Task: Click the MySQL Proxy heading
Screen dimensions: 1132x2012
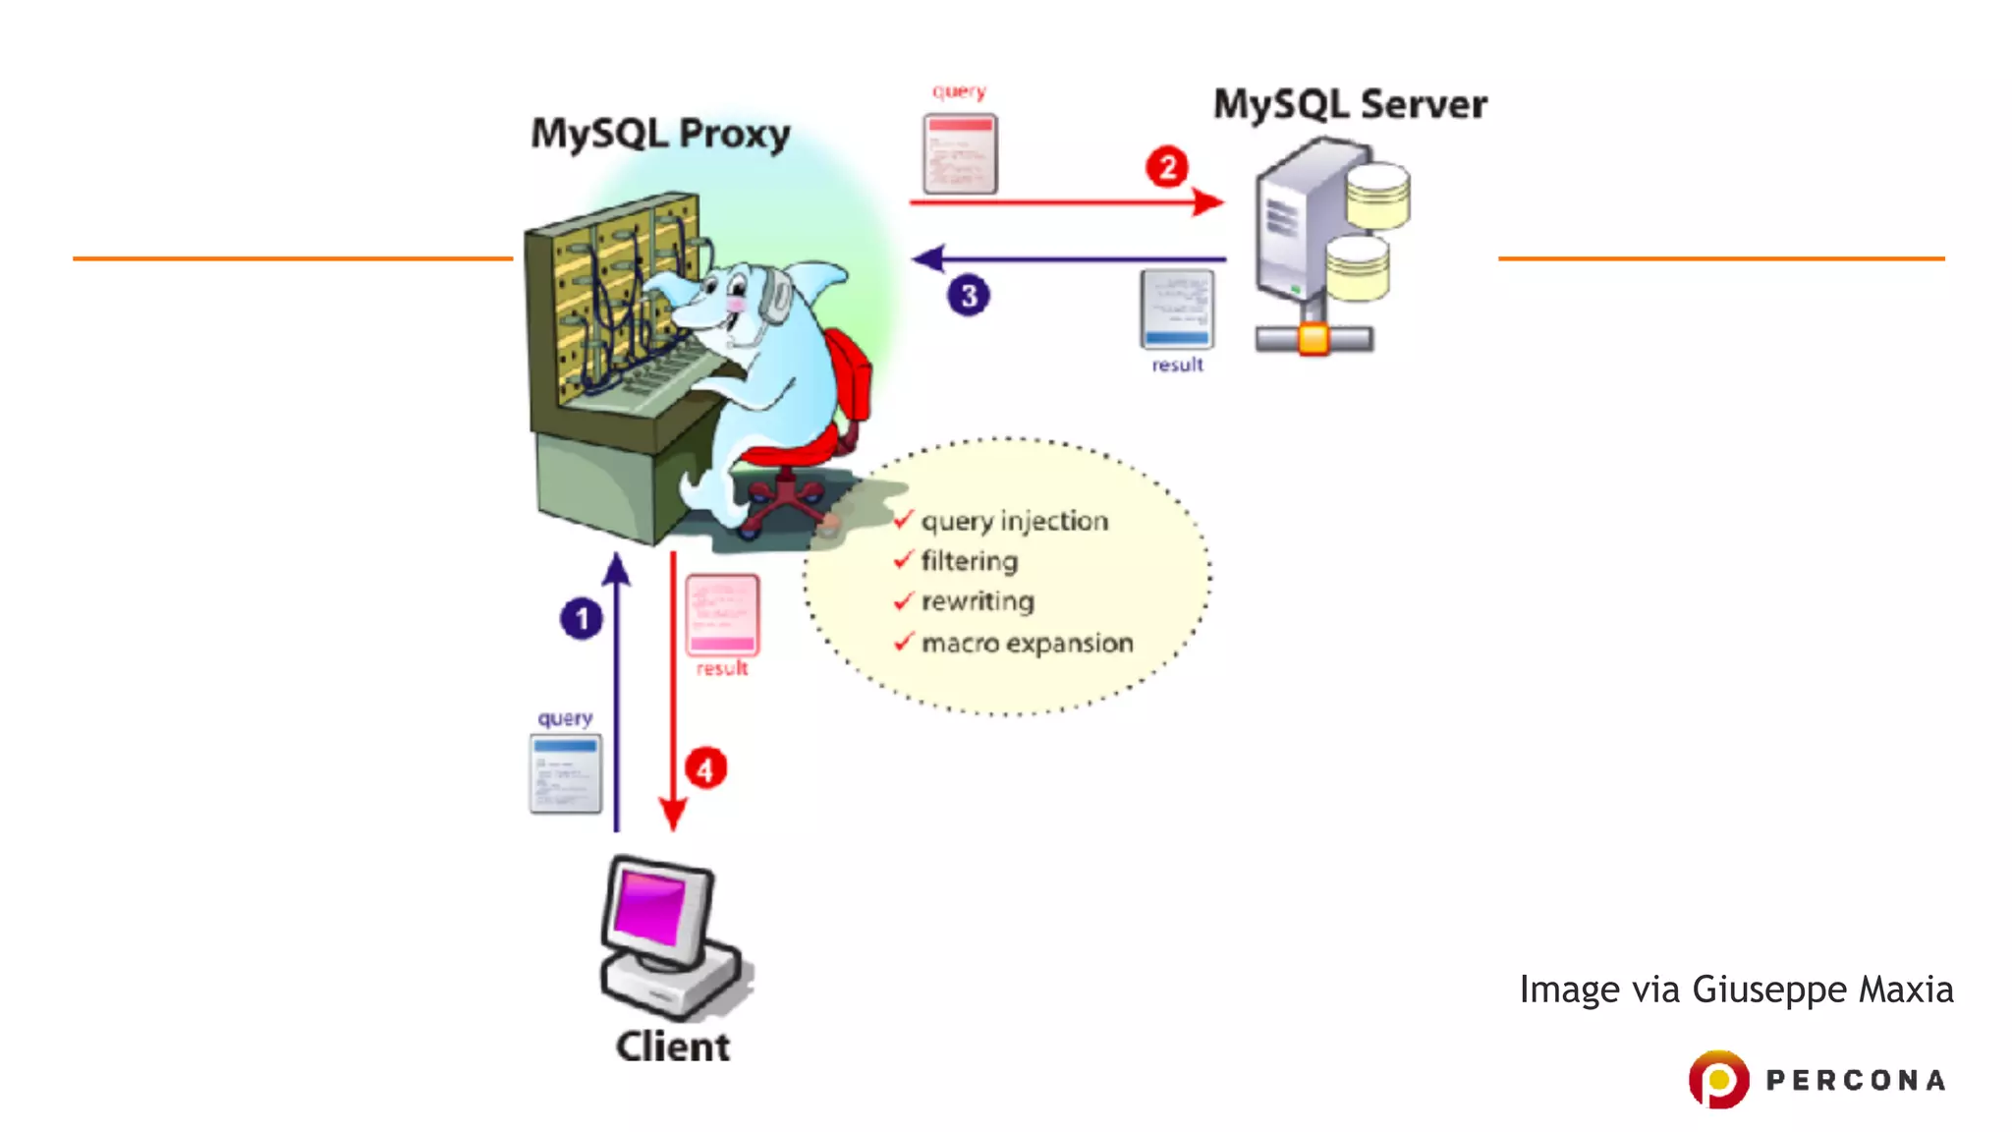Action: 660,134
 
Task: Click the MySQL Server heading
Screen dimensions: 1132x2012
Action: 1350,104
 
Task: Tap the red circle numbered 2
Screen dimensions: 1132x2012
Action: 1167,167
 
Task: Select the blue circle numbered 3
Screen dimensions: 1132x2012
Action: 969,296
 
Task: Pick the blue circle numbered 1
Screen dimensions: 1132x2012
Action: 582,619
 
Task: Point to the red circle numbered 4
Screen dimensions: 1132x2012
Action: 705,768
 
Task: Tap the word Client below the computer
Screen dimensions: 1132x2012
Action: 673,1047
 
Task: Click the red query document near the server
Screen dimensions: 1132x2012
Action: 960,154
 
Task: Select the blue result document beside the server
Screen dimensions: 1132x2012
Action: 1177,309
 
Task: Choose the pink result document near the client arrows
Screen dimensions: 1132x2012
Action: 722,615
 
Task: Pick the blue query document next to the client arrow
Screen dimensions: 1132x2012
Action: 566,773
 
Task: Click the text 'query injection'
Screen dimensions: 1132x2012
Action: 1015,521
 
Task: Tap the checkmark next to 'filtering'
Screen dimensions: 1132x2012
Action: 904,560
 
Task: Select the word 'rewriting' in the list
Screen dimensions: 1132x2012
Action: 978,601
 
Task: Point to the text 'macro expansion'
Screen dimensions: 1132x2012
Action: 1028,644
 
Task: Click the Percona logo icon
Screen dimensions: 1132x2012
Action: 1718,1079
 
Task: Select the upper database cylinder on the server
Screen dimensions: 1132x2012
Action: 1378,195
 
